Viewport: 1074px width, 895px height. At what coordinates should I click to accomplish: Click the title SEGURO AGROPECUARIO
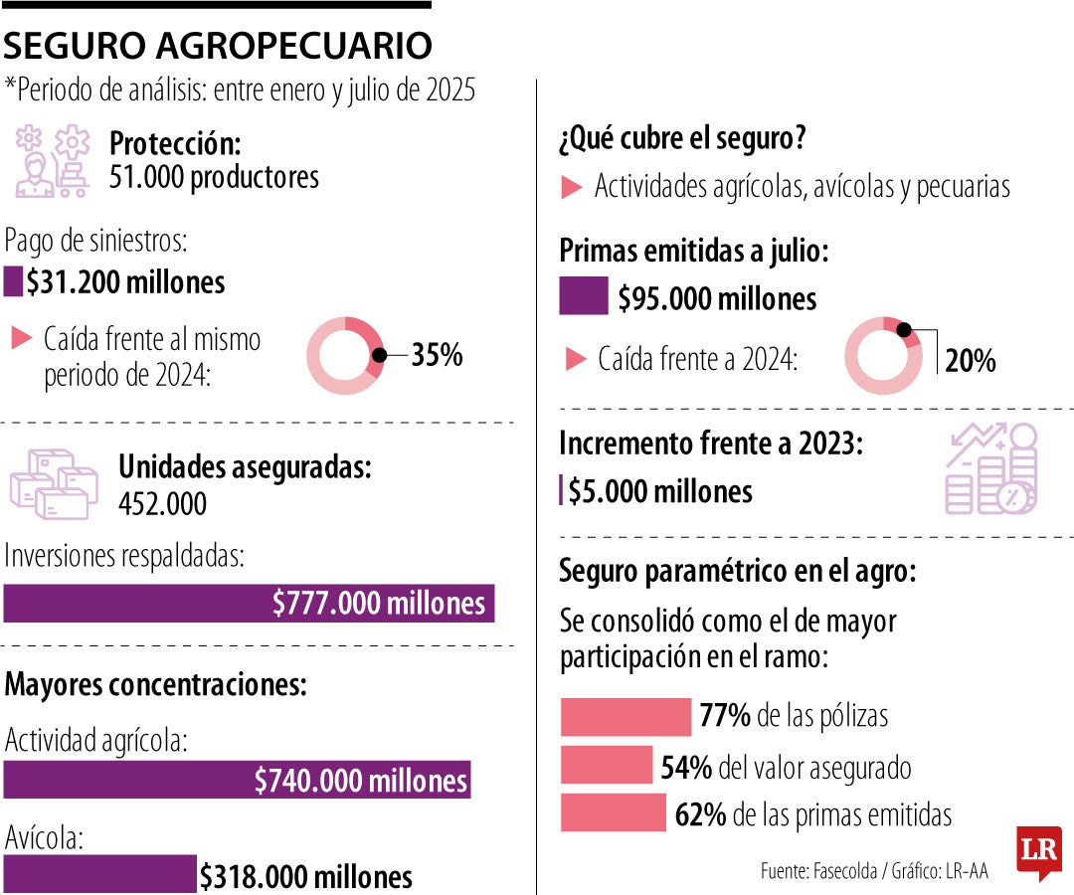[x=219, y=45]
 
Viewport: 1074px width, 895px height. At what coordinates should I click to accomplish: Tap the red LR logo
[x=1038, y=851]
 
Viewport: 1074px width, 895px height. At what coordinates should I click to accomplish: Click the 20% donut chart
[x=882, y=355]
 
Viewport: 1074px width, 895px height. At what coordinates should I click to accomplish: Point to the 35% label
[x=438, y=355]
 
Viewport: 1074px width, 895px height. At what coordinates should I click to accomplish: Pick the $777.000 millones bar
[x=249, y=604]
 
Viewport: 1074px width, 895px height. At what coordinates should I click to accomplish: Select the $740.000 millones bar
[x=237, y=780]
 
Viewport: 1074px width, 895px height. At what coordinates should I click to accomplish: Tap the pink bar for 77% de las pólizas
[x=626, y=716]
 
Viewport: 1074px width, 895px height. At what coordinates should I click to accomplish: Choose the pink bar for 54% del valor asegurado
[x=607, y=766]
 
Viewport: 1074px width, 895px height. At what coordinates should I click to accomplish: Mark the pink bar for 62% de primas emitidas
[x=613, y=813]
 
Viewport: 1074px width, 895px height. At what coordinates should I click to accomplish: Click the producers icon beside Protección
[x=52, y=161]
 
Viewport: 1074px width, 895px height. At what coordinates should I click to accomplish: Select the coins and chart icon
[x=990, y=468]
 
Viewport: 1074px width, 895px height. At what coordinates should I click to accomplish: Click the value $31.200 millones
[x=125, y=282]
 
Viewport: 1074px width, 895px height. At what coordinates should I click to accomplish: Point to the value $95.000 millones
[x=716, y=298]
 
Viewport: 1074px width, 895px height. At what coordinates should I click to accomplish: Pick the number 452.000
[x=162, y=504]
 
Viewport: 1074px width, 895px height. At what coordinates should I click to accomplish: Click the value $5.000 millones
[x=659, y=491]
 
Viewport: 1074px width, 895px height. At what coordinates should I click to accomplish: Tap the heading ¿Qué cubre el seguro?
[x=681, y=139]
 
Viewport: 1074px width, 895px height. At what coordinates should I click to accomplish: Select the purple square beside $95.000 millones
[x=583, y=297]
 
